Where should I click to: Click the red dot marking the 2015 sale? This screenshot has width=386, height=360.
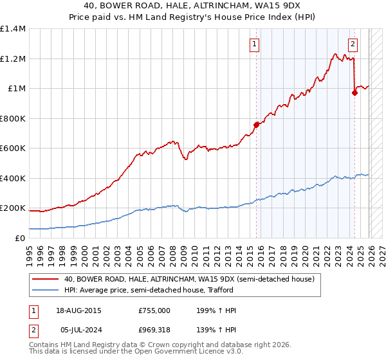257,125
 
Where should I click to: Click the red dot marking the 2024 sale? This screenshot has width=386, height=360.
354,93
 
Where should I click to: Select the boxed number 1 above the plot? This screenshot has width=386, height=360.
255,44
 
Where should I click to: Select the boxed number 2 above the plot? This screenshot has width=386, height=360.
353,44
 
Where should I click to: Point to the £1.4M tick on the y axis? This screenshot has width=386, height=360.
13,29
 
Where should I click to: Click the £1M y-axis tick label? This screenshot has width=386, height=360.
16,89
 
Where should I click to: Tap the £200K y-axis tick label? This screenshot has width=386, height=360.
13,208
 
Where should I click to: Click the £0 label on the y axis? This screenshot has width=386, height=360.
19,238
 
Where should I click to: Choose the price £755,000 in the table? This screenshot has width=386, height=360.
154,310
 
